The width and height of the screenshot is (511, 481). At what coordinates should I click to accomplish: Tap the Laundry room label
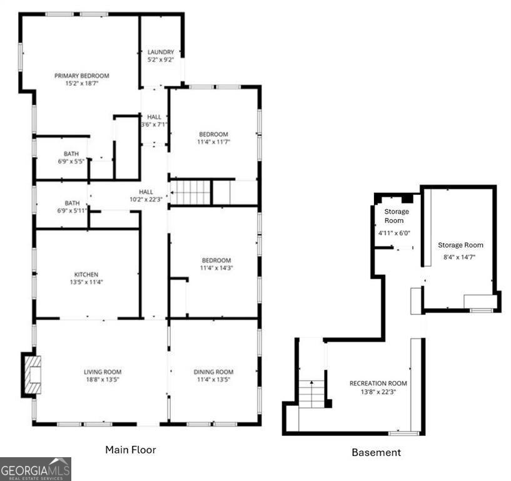pyautogui.click(x=161, y=52)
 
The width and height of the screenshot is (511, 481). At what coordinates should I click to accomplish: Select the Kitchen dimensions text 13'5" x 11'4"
pyautogui.click(x=86, y=282)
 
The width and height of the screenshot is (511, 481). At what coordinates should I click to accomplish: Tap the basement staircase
pyautogui.click(x=311, y=393)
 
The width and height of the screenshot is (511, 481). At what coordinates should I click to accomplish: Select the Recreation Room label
pyautogui.click(x=378, y=383)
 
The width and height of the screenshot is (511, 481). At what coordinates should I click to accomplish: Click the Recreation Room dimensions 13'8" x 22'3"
pyautogui.click(x=378, y=391)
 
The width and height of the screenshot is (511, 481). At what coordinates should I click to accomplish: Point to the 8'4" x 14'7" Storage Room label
pyautogui.click(x=460, y=245)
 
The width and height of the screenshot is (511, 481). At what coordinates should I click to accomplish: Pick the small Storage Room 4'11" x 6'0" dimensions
pyautogui.click(x=394, y=233)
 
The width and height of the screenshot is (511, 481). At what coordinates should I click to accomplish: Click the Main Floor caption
pyautogui.click(x=130, y=450)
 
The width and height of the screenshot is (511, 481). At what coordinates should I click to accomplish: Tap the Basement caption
pyautogui.click(x=376, y=452)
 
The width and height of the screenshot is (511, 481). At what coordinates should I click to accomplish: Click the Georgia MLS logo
pyautogui.click(x=36, y=468)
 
